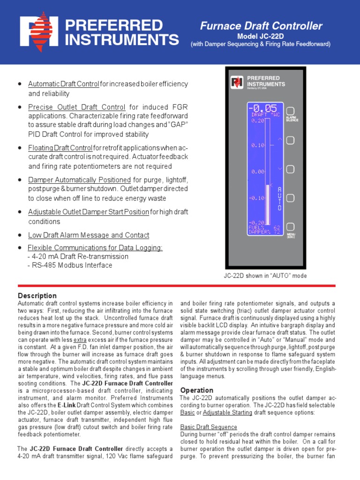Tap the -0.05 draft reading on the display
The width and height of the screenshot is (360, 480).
coord(264,108)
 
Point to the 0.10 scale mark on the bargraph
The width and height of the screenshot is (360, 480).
coord(257,145)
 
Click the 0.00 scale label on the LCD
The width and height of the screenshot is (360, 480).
coord(257,172)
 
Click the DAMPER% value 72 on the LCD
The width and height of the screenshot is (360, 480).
coord(277,232)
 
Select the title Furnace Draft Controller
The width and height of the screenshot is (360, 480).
coord(261,26)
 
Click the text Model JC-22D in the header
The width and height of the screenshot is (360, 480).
coord(261,36)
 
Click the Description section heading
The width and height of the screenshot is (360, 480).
coord(37,296)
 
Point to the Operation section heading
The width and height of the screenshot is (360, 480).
coord(197,390)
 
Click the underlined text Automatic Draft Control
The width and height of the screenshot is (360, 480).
coord(63,84)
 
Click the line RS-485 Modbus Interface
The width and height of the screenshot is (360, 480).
coord(70,265)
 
